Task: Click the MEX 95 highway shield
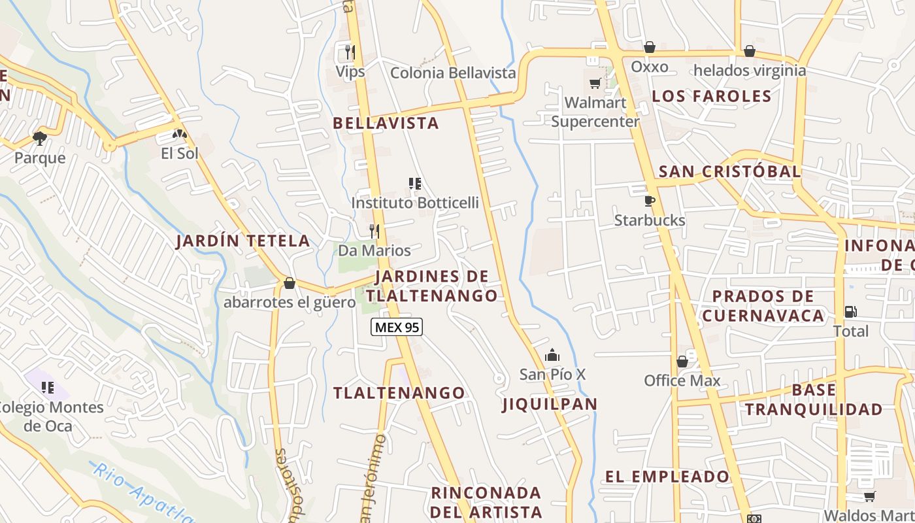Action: tap(397, 327)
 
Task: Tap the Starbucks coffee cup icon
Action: tap(649, 201)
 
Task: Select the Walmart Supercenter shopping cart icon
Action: tap(595, 83)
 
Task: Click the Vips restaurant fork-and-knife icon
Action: tap(350, 52)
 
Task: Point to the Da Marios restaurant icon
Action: tap(374, 231)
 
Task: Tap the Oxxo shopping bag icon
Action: tap(649, 47)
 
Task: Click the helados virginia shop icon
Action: tap(750, 51)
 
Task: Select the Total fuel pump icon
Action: tap(850, 312)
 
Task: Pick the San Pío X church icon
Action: tap(552, 355)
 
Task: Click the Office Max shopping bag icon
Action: tap(682, 362)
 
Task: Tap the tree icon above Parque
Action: tap(40, 138)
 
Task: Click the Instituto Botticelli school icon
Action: tap(414, 184)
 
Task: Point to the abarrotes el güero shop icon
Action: tap(290, 283)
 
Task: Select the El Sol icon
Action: tap(179, 134)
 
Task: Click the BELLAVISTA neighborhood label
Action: tap(386, 123)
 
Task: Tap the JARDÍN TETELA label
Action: tap(243, 241)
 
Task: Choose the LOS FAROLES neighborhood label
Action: tap(712, 96)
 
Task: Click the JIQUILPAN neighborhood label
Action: tap(550, 404)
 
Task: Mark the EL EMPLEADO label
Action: tap(667, 477)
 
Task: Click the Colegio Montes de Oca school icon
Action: tap(47, 388)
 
